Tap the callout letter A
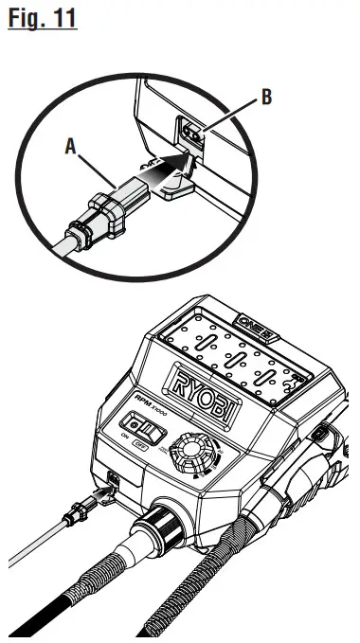coord(69,148)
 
